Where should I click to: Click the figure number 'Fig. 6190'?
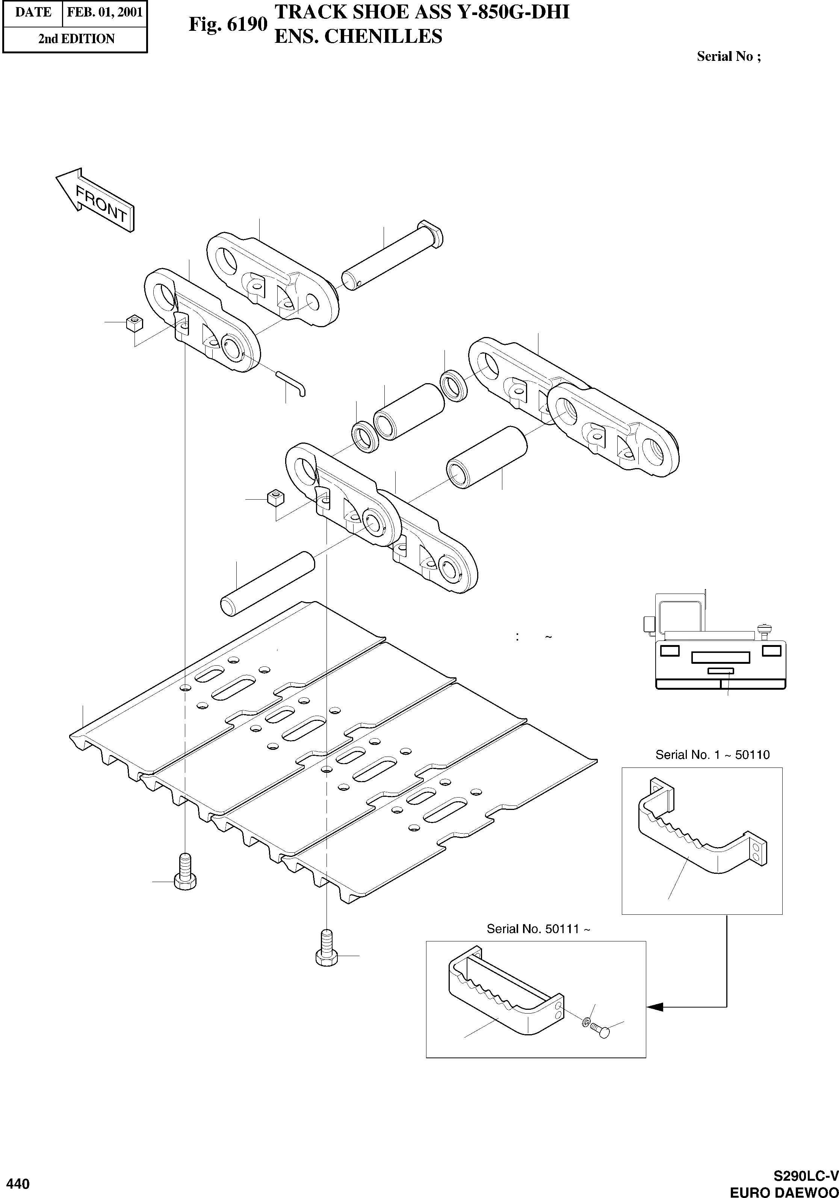pos(228,24)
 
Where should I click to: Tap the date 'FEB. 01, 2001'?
pos(104,12)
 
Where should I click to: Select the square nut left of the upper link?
pos(135,323)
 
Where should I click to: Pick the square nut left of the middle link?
pos(275,497)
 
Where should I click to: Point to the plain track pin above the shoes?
pos(268,583)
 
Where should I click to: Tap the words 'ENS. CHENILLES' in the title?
pos(358,36)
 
